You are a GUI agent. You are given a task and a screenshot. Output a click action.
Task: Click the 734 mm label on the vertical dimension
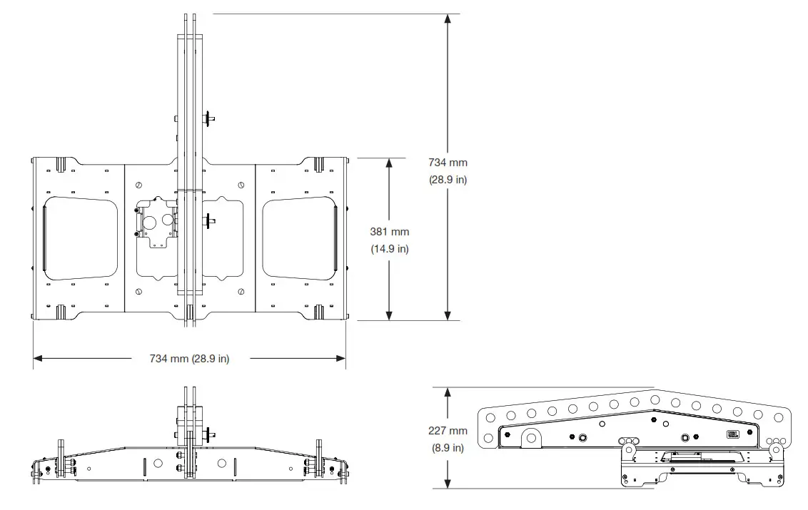click(448, 163)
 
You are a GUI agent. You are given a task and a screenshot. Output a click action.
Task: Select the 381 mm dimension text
click(390, 232)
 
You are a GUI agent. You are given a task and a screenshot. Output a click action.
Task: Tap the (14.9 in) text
click(390, 249)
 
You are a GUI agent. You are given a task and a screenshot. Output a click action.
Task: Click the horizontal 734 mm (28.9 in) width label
click(189, 359)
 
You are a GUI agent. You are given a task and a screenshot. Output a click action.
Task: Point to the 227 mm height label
click(448, 431)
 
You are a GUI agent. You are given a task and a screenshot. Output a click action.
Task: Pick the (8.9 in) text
click(448, 448)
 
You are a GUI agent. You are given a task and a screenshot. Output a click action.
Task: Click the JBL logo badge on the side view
click(733, 434)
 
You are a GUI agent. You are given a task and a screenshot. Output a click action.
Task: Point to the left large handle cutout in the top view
click(81, 239)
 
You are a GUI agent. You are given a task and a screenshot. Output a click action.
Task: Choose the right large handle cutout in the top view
click(298, 239)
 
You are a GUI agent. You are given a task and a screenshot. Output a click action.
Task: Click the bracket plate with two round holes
click(157, 223)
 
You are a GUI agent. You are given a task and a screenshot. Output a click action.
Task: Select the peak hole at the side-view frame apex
click(653, 400)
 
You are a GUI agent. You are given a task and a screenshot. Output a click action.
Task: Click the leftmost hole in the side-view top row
click(490, 418)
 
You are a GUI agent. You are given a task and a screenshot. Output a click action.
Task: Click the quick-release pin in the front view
click(211, 432)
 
